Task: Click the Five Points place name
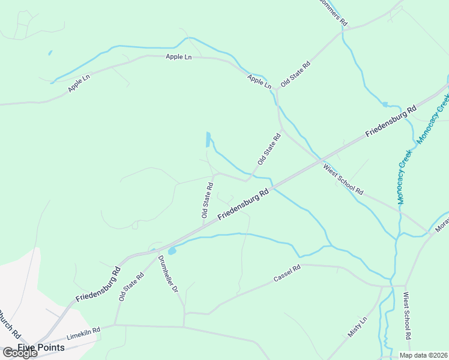41,347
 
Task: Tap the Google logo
20,353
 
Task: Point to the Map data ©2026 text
423,355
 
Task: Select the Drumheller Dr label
167,274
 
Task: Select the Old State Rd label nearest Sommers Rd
295,74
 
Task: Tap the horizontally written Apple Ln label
178,57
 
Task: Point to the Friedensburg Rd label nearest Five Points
98,284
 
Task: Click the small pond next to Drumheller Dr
172,251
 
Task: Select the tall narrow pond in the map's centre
208,139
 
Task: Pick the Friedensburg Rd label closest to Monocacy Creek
391,124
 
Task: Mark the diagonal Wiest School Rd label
343,179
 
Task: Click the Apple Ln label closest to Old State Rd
259,82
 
